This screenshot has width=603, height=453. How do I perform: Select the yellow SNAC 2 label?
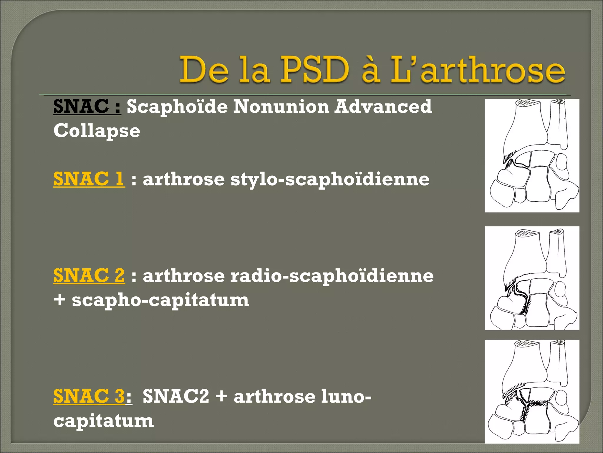coord(89,275)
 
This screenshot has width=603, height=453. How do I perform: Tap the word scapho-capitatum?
coord(160,300)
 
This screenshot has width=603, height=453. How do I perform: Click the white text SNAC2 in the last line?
coord(176,396)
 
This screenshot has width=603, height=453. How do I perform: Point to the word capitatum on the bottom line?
coord(103,421)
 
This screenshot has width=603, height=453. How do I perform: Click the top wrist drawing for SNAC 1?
coord(532,156)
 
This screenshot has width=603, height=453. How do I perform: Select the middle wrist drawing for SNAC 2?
coord(532,278)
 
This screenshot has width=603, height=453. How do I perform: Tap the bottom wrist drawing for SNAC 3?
coord(532,391)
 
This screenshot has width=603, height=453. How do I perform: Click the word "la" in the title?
coord(254,70)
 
